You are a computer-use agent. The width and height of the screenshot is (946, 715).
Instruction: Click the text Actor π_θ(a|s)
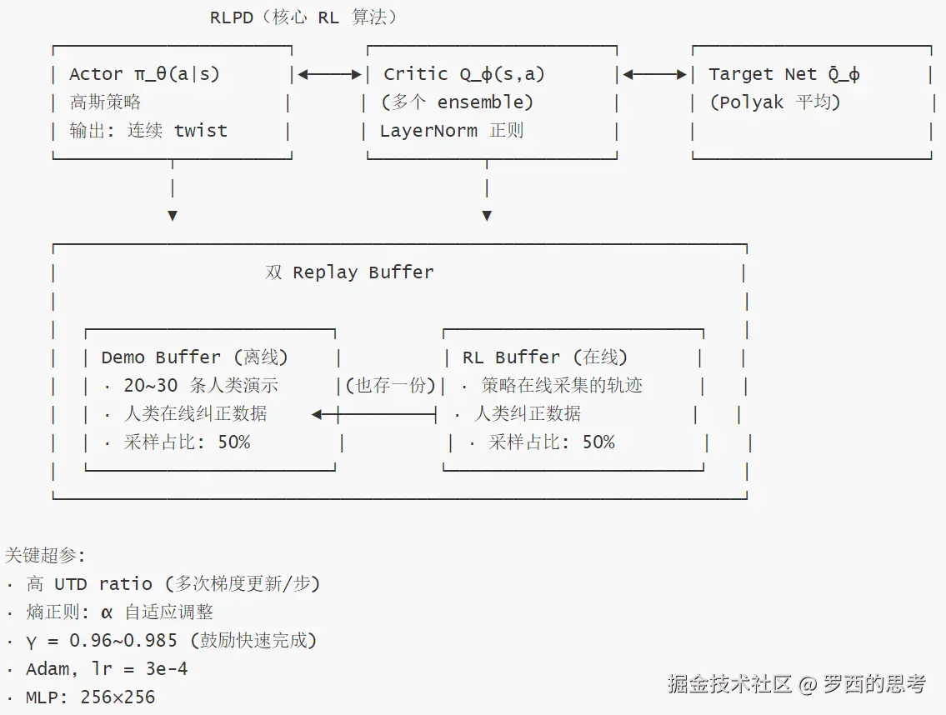pyautogui.click(x=145, y=73)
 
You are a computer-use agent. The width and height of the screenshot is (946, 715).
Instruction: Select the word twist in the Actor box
pyautogui.click(x=201, y=130)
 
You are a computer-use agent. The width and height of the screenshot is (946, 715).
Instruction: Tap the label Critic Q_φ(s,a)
pyautogui.click(x=464, y=73)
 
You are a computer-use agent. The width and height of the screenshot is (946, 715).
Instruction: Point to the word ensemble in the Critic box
pyautogui.click(x=482, y=102)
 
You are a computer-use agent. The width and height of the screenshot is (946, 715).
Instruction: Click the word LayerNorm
pyautogui.click(x=428, y=130)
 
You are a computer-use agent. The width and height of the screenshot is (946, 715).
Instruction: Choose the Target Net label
pyautogui.click(x=783, y=73)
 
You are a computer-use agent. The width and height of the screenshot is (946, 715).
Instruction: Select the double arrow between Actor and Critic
pyautogui.click(x=329, y=74)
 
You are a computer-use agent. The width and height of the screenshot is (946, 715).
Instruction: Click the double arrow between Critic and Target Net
pyautogui.click(x=654, y=74)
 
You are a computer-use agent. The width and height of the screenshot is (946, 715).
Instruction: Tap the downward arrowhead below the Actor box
pyautogui.click(x=173, y=215)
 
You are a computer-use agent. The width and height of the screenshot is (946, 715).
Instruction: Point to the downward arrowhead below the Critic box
pyautogui.click(x=487, y=215)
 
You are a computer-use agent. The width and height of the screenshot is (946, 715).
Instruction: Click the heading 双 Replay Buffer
pyautogui.click(x=349, y=272)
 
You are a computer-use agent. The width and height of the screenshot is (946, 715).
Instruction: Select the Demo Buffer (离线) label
pyautogui.click(x=194, y=357)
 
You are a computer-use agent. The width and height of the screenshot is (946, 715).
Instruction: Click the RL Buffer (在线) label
pyautogui.click(x=545, y=357)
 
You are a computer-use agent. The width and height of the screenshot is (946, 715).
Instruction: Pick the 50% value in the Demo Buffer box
pyautogui.click(x=234, y=442)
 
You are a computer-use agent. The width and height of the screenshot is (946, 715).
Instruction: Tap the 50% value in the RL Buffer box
pyautogui.click(x=598, y=442)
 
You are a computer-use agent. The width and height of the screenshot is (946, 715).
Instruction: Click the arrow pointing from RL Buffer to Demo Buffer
pyautogui.click(x=373, y=414)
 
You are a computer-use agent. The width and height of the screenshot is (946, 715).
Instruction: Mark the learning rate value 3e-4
pyautogui.click(x=167, y=668)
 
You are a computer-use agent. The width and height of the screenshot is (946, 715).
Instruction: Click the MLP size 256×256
pyautogui.click(x=118, y=697)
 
